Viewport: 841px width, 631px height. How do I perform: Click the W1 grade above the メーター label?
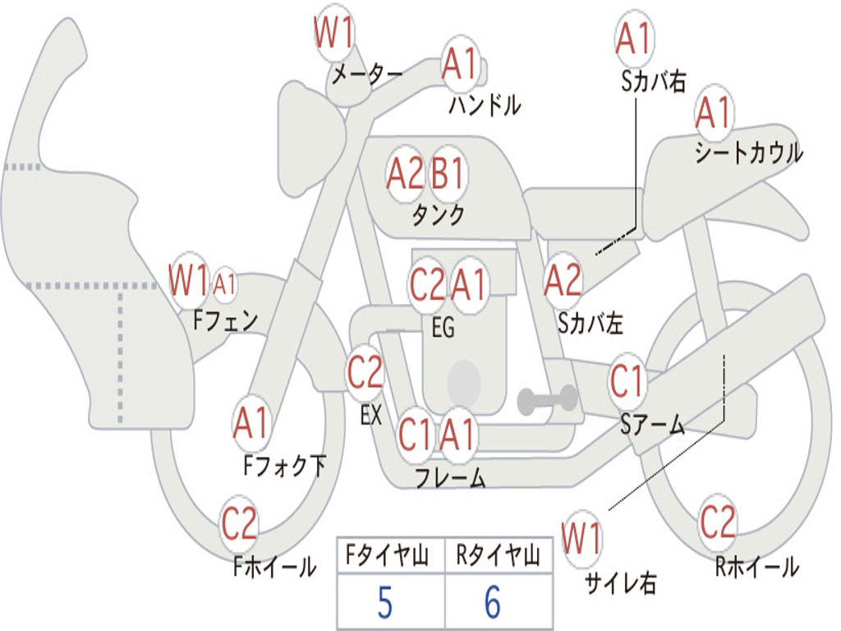tap(334, 35)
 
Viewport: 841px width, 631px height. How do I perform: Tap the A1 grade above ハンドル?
tap(460, 64)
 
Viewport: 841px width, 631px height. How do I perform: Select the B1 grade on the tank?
tap(448, 174)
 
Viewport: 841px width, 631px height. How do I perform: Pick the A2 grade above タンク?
tap(405, 174)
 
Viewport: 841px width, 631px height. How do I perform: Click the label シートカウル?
tap(748, 154)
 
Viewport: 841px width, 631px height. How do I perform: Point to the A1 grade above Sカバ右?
tap(633, 39)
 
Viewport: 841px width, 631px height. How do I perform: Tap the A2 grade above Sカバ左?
tap(563, 280)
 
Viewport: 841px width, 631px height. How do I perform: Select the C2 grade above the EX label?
tap(365, 374)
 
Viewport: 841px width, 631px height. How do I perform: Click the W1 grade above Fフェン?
tap(189, 281)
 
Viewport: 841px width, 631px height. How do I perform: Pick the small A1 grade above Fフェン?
tap(224, 285)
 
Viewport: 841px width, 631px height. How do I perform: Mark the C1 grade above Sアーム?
tap(627, 381)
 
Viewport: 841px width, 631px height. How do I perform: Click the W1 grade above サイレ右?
tap(581, 540)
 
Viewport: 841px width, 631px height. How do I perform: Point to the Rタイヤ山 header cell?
tap(498, 558)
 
